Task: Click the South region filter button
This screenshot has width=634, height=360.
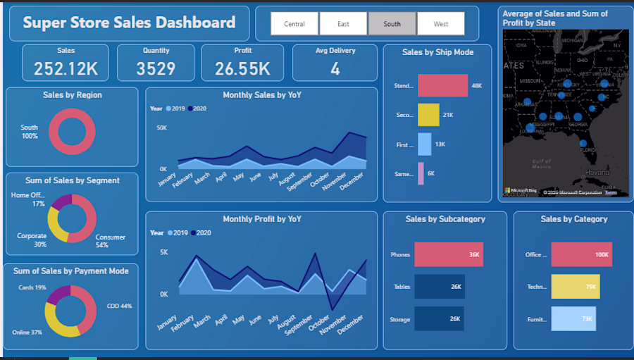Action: pos(392,24)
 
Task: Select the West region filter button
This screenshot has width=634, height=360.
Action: pos(441,24)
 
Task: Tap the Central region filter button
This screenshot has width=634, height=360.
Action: pos(294,24)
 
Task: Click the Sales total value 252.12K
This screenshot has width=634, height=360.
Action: pos(66,68)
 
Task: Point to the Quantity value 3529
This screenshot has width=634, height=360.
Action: pos(156,68)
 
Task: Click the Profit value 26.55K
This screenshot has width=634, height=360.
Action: pos(242,68)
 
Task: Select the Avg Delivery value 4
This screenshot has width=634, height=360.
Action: pos(335,68)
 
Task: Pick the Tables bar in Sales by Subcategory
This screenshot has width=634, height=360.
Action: pos(439,287)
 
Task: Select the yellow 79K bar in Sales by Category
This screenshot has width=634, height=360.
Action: pos(575,287)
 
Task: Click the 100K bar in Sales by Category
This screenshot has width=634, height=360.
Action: pos(581,254)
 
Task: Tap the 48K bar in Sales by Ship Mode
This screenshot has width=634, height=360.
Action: pos(442,86)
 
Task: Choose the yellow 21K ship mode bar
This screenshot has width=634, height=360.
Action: pos(428,115)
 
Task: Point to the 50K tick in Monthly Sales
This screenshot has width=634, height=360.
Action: pos(161,128)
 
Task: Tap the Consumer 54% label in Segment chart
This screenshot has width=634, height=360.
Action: pos(111,242)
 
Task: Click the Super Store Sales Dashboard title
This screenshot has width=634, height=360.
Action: pos(129,23)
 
